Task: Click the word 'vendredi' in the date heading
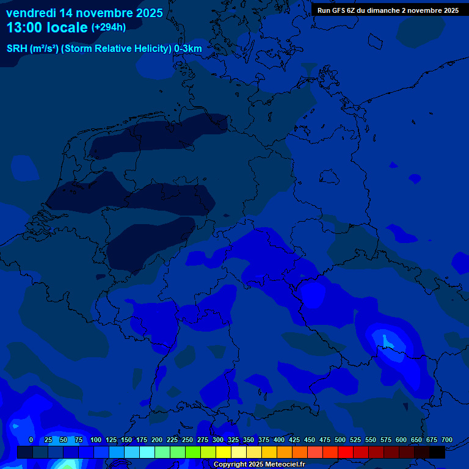31,13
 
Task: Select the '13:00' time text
27,27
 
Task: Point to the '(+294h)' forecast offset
108,27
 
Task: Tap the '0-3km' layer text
188,49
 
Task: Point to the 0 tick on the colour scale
31,440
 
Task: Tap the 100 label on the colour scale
96,440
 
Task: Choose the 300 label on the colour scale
218,440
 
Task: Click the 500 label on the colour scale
340,440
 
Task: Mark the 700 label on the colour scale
447,440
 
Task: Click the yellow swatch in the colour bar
224,453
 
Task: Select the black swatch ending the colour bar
437,453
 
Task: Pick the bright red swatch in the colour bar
346,453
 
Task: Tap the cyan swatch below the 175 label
147,453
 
